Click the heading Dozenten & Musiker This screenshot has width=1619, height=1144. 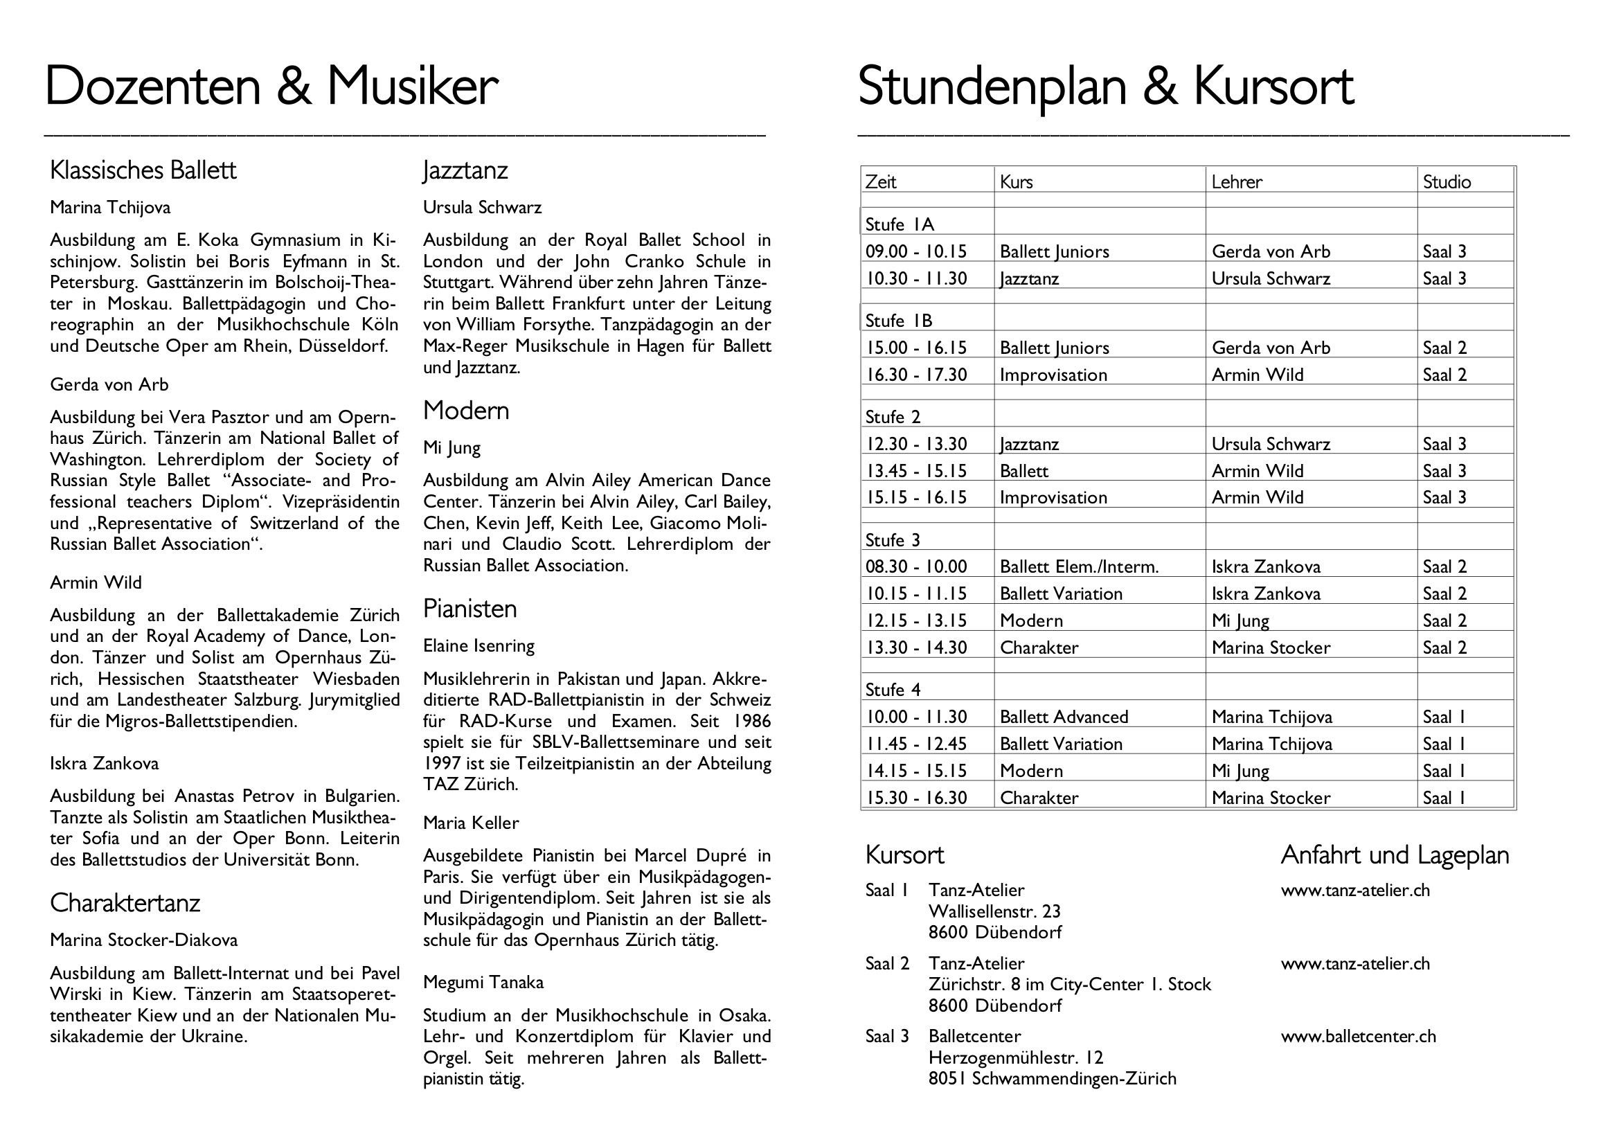click(271, 86)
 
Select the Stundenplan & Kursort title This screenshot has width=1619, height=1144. click(1105, 86)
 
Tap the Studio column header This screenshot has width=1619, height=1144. click(1447, 182)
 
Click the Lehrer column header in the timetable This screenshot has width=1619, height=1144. click(1237, 182)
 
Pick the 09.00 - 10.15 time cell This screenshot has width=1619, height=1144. click(916, 252)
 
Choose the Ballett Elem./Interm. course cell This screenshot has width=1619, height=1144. click(1079, 567)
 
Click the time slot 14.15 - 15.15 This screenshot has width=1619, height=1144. click(916, 771)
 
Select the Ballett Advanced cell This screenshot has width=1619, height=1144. click(1064, 717)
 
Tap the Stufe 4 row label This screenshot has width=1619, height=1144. click(893, 690)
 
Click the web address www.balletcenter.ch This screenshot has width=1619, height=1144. click(1358, 1037)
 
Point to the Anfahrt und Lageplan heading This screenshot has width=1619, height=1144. click(1395, 855)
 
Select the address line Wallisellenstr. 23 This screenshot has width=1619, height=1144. click(994, 912)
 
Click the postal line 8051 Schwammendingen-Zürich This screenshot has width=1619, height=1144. click(1052, 1079)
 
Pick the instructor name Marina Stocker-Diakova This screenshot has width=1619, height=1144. click(144, 940)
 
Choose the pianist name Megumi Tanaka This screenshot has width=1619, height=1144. click(483, 983)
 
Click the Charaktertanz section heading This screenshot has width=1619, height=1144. click(125, 904)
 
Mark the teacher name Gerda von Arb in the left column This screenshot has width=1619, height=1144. click(109, 385)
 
